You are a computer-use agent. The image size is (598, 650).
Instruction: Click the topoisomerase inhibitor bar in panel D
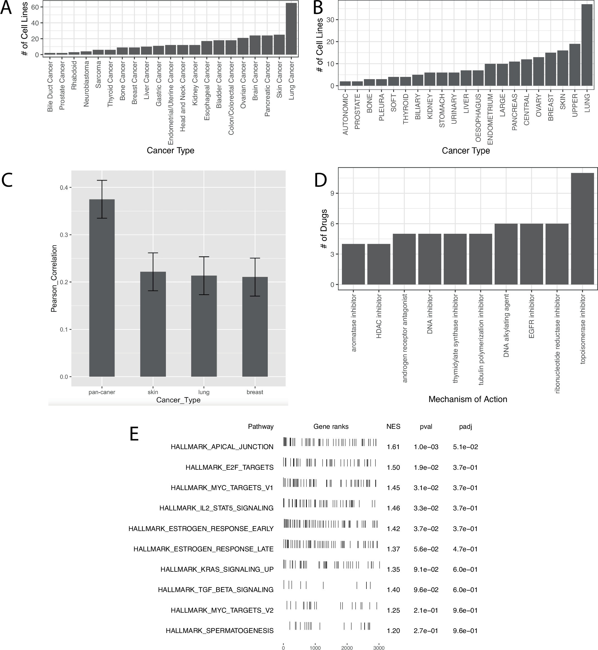tap(582, 229)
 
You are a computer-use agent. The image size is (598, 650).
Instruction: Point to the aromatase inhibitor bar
tap(353, 264)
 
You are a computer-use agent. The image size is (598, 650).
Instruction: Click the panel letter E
tap(134, 434)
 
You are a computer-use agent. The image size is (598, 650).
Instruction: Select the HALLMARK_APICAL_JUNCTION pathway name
tap(222, 447)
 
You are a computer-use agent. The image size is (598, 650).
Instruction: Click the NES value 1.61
tap(393, 447)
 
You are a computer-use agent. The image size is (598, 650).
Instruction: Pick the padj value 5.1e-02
tap(465, 447)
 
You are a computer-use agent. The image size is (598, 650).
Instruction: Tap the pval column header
tap(426, 427)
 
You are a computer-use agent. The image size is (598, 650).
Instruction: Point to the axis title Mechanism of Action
tap(468, 399)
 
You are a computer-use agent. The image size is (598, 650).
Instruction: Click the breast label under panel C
tap(255, 392)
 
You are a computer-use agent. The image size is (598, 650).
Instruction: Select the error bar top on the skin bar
tap(153, 253)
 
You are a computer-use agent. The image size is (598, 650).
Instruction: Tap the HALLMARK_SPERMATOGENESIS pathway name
tap(220, 630)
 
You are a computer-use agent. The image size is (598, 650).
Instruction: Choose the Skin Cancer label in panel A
tap(279, 80)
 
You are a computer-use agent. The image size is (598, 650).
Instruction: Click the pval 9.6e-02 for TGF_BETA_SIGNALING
tap(426, 590)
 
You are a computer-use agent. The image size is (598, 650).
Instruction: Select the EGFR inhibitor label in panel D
tap(531, 316)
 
